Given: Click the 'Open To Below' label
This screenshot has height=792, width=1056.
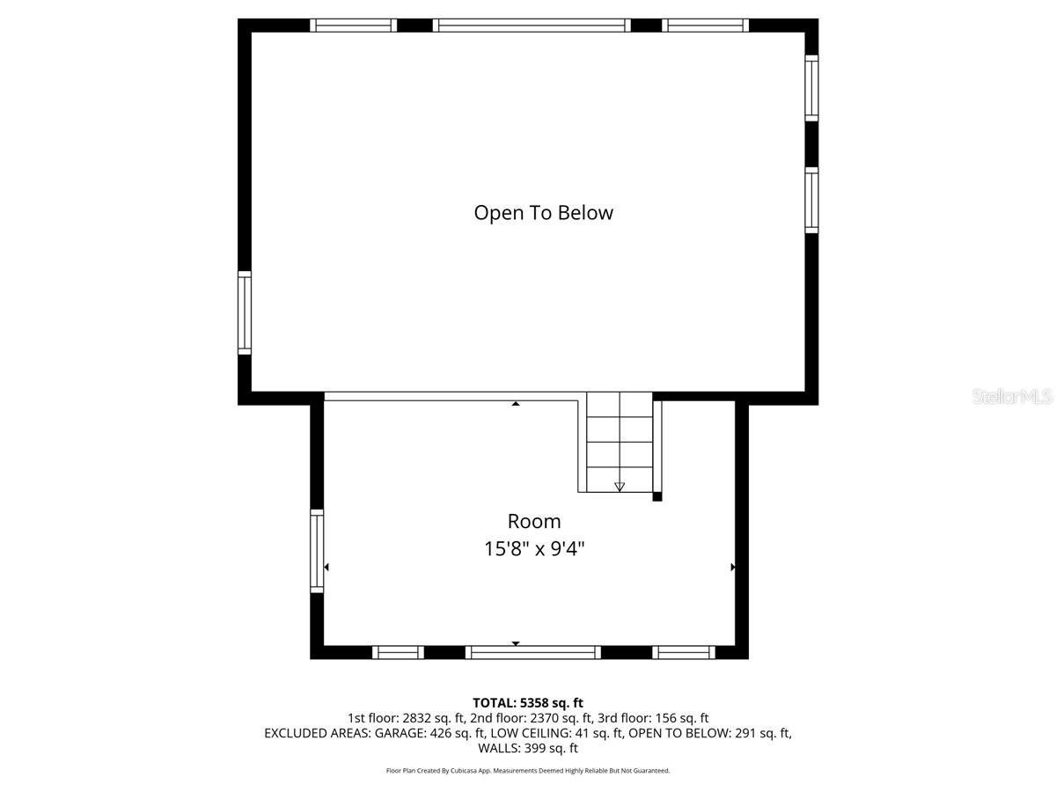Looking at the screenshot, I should click(543, 213).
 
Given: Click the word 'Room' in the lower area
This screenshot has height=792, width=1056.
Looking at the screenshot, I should click(533, 521).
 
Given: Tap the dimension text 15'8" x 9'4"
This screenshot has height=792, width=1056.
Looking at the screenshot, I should click(534, 549).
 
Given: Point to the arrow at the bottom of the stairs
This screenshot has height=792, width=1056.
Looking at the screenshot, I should click(620, 486).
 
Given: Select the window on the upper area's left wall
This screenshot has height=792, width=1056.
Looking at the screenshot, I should click(245, 312).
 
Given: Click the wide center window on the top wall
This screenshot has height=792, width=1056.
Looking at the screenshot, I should click(532, 26).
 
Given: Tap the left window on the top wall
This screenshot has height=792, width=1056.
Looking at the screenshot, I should click(354, 26).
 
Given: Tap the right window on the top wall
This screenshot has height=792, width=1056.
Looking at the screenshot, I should click(705, 26).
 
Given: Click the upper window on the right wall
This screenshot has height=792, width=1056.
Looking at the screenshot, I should click(811, 87).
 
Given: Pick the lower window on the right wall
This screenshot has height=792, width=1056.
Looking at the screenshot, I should click(811, 200).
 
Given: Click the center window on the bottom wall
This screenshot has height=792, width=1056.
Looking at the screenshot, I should click(532, 652).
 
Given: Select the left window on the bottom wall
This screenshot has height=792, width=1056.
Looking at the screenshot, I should click(398, 652).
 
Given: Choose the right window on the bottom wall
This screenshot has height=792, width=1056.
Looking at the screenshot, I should click(683, 652).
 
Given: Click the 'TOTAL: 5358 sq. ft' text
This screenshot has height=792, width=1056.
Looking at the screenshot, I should click(528, 702).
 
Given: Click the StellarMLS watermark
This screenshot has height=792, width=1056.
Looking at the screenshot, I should click(1012, 397).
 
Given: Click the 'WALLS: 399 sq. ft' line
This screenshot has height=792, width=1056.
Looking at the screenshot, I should click(528, 749).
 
